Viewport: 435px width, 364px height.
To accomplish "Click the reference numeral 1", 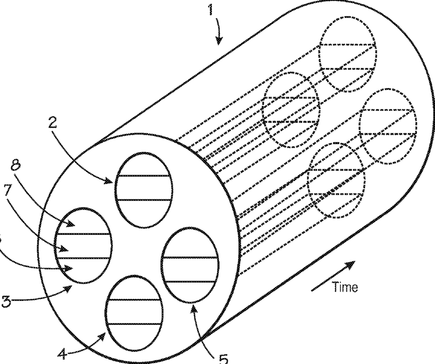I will (x=212, y=11).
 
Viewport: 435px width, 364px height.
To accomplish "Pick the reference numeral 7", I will (x=7, y=190).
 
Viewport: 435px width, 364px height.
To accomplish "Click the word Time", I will (x=345, y=287).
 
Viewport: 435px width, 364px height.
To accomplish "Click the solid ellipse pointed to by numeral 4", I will (x=134, y=312).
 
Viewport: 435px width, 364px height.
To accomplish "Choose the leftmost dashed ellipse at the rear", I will (x=291, y=109).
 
